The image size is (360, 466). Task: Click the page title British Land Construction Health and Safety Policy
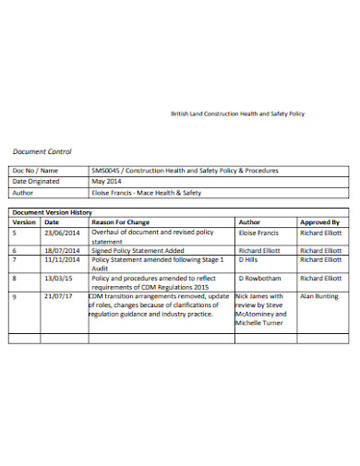[237, 114]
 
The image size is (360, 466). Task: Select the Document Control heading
[42, 151]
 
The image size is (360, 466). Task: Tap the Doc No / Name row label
[36, 171]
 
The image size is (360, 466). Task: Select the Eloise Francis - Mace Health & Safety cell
[146, 193]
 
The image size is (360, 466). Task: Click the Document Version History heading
[52, 212]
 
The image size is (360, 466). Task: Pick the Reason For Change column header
[120, 222]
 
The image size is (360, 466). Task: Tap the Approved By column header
[320, 222]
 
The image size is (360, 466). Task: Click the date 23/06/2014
[63, 233]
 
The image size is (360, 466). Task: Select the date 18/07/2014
[63, 250]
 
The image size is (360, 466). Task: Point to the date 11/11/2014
[63, 261]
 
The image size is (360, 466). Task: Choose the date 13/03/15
[58, 278]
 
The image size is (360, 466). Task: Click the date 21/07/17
[58, 295]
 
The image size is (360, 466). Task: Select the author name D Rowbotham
[260, 278]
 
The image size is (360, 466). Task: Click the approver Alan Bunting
[319, 295]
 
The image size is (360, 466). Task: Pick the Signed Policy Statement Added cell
[136, 250]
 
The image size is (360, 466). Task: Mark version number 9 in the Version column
[15, 295]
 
